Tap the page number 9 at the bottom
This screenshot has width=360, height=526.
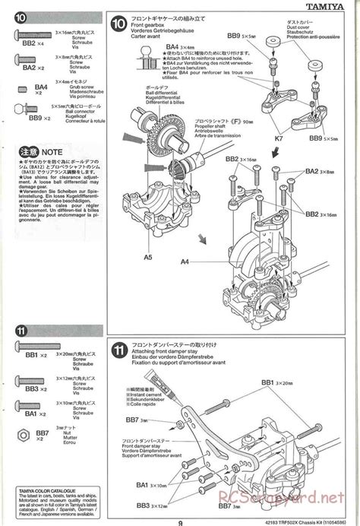pyautogui.click(x=178, y=521)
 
